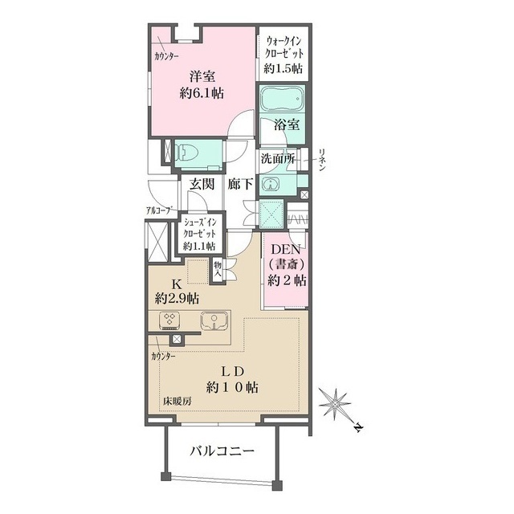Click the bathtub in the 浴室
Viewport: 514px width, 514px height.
(x=282, y=98)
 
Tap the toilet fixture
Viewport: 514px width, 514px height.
(x=186, y=153)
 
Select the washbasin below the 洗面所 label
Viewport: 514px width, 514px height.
(x=270, y=184)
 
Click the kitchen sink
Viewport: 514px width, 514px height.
(x=214, y=320)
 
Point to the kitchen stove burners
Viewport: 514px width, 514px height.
(x=169, y=320)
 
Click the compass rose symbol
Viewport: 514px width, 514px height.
(x=335, y=405)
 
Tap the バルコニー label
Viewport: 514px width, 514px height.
(x=222, y=451)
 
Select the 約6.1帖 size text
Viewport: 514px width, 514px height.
(x=202, y=93)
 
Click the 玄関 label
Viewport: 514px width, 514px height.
(x=202, y=184)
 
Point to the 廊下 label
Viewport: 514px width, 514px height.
(x=240, y=184)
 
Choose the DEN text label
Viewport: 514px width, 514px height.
(x=286, y=250)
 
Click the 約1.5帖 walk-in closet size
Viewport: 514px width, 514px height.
(x=284, y=68)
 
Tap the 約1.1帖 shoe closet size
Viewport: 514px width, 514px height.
(x=199, y=246)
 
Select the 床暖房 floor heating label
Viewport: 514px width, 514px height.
(x=177, y=401)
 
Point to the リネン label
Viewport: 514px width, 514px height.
(x=322, y=160)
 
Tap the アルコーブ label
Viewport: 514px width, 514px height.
(x=159, y=210)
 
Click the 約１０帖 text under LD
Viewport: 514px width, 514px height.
(x=232, y=388)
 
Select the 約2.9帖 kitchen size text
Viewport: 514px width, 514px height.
(x=177, y=298)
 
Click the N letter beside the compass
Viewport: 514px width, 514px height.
(x=359, y=428)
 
